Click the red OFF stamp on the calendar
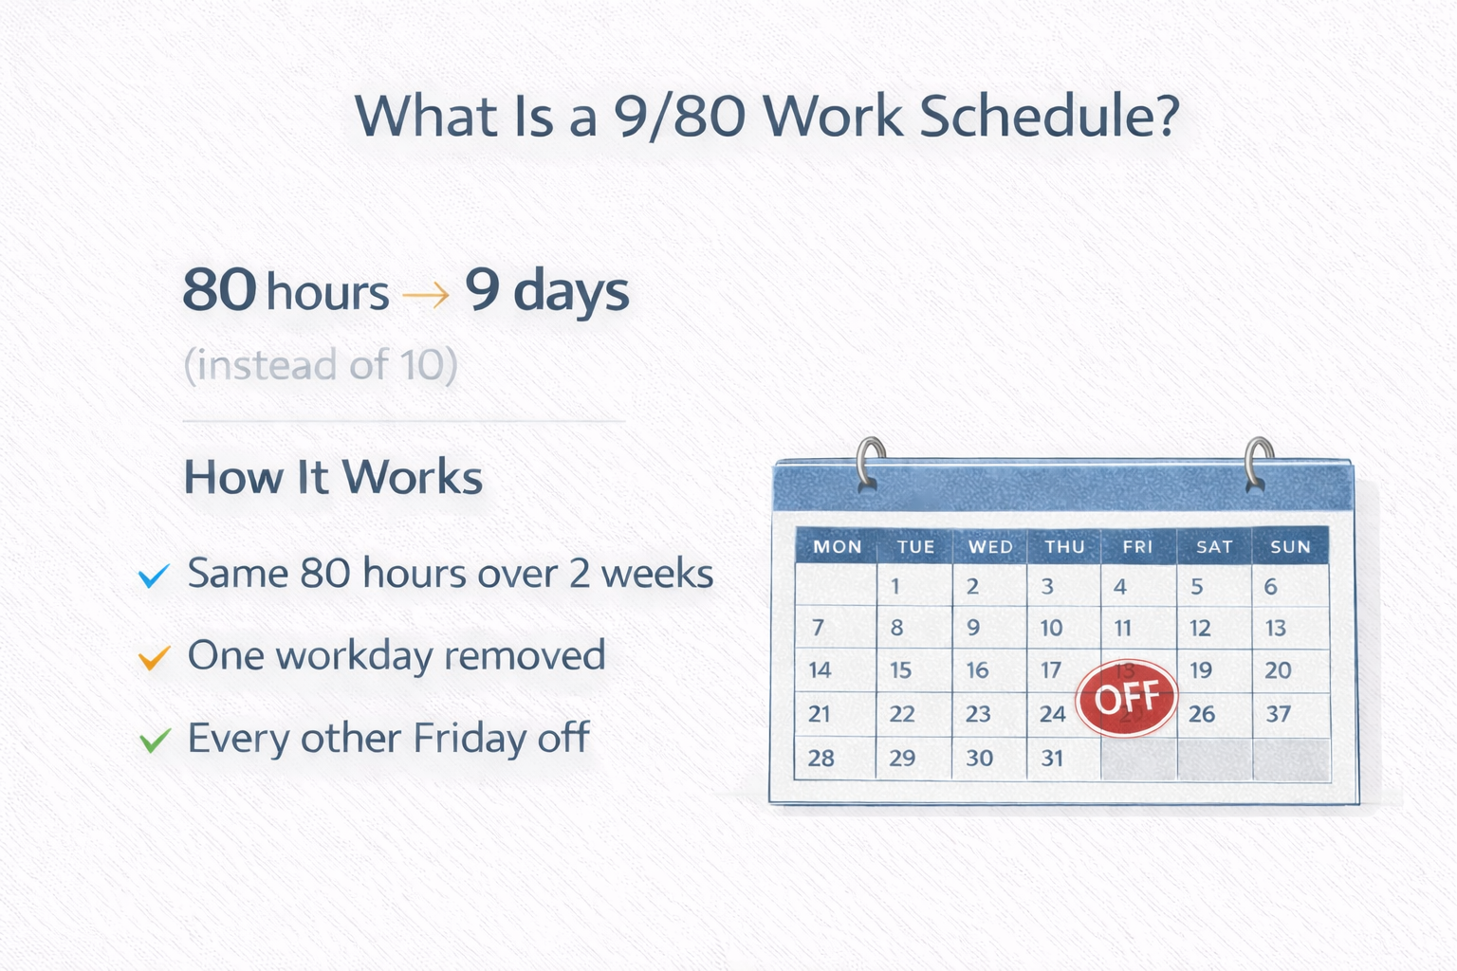pyautogui.click(x=1126, y=698)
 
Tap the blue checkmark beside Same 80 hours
pyautogui.click(x=155, y=576)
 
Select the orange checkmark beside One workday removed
pyautogui.click(x=155, y=657)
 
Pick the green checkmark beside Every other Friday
pyautogui.click(x=155, y=741)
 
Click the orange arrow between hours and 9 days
pyautogui.click(x=426, y=295)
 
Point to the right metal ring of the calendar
pyautogui.click(x=1258, y=463)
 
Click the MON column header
pyautogui.click(x=838, y=546)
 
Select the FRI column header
pyautogui.click(x=1137, y=546)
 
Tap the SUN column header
pyautogui.click(x=1290, y=546)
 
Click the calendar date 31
pyautogui.click(x=1052, y=758)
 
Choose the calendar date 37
pyautogui.click(x=1278, y=713)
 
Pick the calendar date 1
pyautogui.click(x=895, y=587)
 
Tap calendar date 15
pyautogui.click(x=900, y=669)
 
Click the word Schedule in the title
pyautogui.click(x=1050, y=116)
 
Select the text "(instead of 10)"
pyautogui.click(x=321, y=365)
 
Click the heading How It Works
pyautogui.click(x=333, y=477)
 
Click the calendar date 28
pyautogui.click(x=821, y=758)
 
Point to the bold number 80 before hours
pyautogui.click(x=219, y=289)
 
